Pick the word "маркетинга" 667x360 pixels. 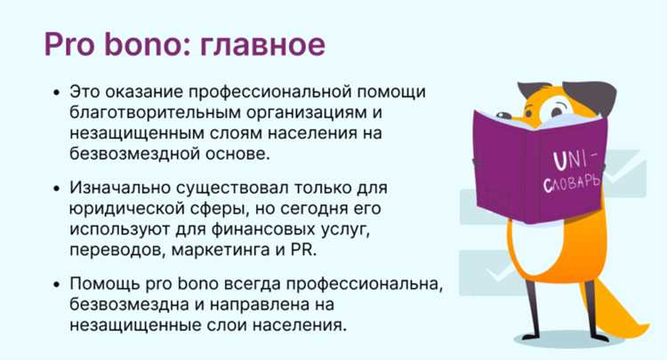point(205,251)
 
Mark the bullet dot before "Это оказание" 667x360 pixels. point(57,92)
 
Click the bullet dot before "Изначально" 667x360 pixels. point(57,189)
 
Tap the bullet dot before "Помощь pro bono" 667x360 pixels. point(57,284)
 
